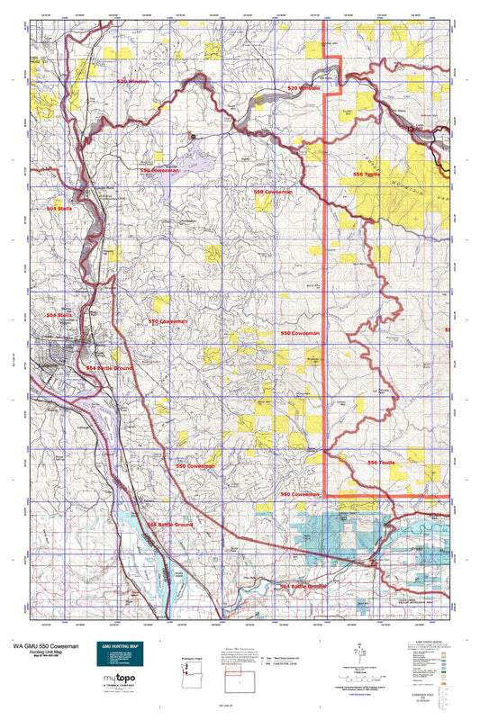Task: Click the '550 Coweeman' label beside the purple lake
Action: (x=158, y=170)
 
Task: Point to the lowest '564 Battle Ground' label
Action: (x=303, y=586)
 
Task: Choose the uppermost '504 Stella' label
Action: (x=59, y=208)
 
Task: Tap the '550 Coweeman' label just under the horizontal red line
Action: (x=300, y=494)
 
